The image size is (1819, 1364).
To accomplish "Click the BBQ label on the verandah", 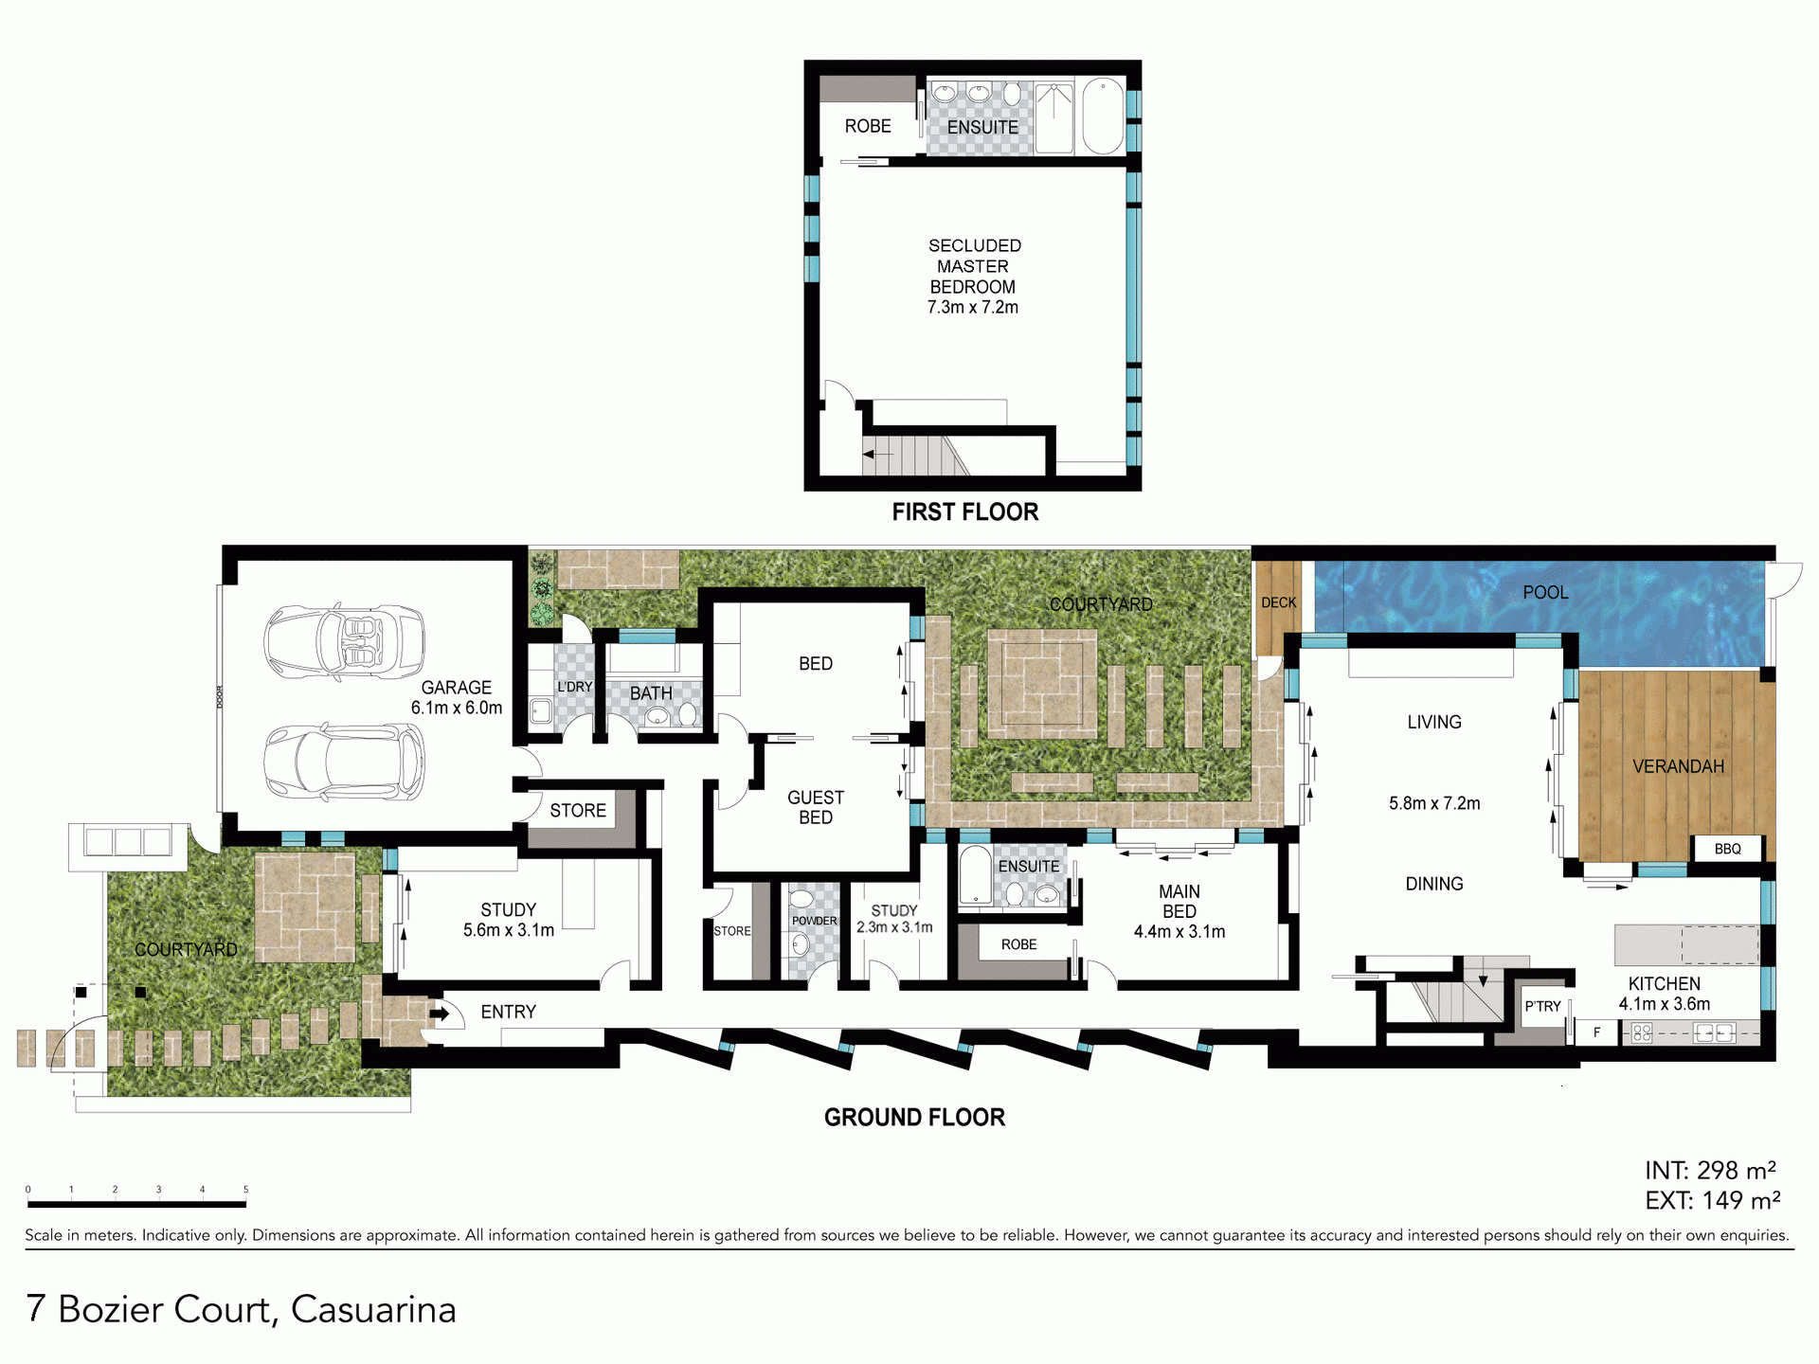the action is pyautogui.click(x=1727, y=849).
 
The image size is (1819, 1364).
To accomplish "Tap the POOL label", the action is pyautogui.click(x=1545, y=592).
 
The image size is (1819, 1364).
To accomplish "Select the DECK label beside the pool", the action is pyautogui.click(x=1278, y=602).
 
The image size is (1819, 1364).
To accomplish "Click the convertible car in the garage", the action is pyautogui.click(x=344, y=641).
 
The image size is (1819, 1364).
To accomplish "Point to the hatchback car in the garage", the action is pyautogui.click(x=344, y=761).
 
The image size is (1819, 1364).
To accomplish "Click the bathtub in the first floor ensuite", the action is pyautogui.click(x=1103, y=117).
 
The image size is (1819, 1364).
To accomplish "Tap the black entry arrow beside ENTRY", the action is pyautogui.click(x=440, y=1014).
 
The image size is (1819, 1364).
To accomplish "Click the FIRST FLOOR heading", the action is pyautogui.click(x=964, y=512).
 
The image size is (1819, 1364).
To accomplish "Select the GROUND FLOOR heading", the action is pyautogui.click(x=914, y=1118).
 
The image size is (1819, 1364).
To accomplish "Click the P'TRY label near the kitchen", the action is pyautogui.click(x=1542, y=1006).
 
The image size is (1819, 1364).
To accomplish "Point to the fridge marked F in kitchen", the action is pyautogui.click(x=1597, y=1032).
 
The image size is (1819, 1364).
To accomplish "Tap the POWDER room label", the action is pyautogui.click(x=815, y=921).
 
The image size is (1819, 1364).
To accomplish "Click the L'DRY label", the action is pyautogui.click(x=574, y=687).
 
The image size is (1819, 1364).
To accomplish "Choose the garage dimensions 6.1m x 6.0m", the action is pyautogui.click(x=457, y=708).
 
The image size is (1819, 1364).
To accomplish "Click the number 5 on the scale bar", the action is pyautogui.click(x=245, y=1190).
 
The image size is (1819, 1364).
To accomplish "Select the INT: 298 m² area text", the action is pyautogui.click(x=1710, y=1171).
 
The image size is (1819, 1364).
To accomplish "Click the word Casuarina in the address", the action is pyautogui.click(x=373, y=1309).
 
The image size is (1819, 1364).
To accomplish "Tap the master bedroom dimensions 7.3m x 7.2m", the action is pyautogui.click(x=973, y=307).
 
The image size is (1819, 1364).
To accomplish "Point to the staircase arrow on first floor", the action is pyautogui.click(x=877, y=455).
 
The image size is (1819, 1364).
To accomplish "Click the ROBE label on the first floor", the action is pyautogui.click(x=868, y=126).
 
